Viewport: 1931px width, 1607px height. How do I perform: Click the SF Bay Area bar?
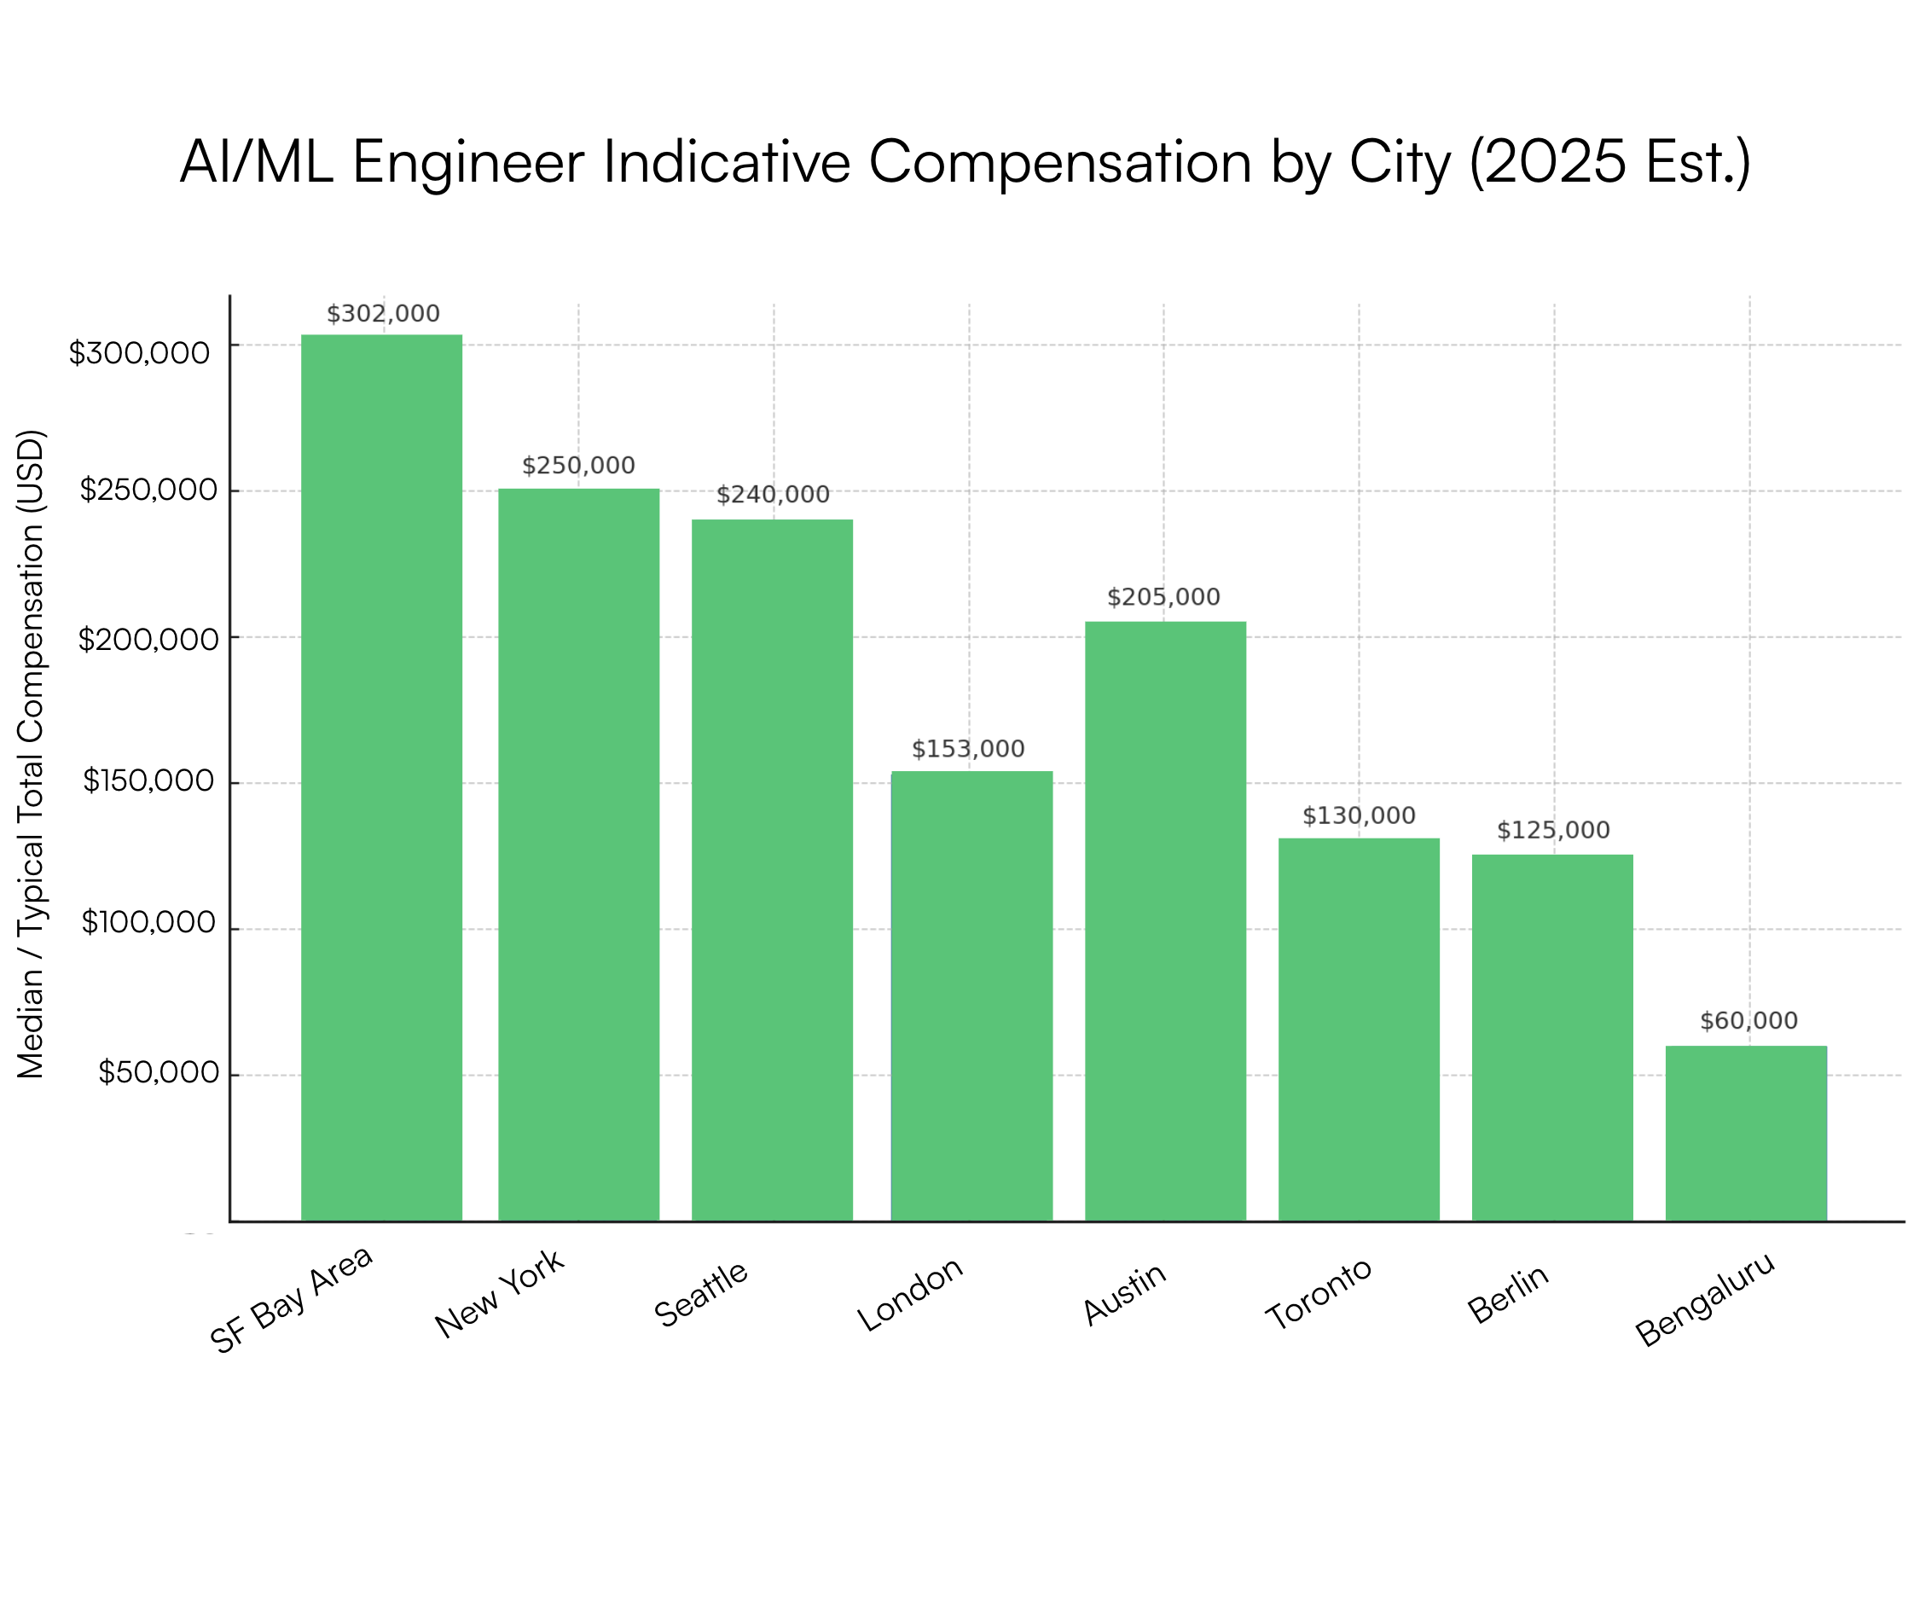[x=381, y=777]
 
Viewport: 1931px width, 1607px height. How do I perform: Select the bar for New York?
[x=578, y=854]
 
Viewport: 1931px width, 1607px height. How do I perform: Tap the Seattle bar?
[x=773, y=870]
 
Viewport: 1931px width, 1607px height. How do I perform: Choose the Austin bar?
[x=1165, y=920]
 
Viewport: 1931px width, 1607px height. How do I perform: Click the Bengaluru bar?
[x=1746, y=1133]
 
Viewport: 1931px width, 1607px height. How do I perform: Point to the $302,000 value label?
[x=384, y=315]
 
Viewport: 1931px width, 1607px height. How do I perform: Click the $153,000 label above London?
[x=968, y=749]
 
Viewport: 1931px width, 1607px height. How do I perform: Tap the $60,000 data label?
[x=1748, y=1021]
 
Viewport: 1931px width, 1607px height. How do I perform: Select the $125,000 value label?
[x=1553, y=831]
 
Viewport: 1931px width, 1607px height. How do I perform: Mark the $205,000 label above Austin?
[x=1163, y=598]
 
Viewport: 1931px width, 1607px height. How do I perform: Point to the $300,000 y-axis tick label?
[x=140, y=353]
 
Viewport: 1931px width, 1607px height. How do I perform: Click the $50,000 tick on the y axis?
[x=158, y=1073]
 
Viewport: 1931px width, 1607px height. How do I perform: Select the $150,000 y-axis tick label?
[x=149, y=781]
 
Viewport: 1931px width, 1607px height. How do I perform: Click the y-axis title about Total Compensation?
[x=32, y=754]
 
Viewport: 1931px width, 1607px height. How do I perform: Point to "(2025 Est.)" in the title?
[x=1609, y=163]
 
